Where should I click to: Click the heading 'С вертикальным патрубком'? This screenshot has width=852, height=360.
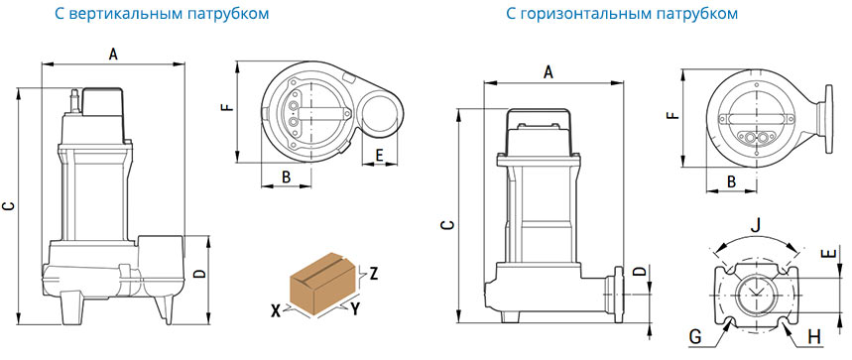162,14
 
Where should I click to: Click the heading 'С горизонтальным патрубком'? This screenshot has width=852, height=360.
622,14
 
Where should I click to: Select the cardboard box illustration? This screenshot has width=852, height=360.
324,283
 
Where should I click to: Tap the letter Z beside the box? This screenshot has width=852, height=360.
373,273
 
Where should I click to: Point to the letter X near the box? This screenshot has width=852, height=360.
277,310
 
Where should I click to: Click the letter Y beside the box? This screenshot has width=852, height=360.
355,309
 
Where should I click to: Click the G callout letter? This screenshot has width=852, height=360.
695,337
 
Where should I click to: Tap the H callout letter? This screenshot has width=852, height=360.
814,337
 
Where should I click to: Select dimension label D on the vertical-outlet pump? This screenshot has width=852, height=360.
200,273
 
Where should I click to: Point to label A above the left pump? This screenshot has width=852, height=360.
113,54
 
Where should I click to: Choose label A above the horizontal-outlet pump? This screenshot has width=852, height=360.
548,72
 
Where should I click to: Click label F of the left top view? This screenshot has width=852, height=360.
229,106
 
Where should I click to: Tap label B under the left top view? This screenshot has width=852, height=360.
287,177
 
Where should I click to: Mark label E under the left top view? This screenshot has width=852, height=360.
379,156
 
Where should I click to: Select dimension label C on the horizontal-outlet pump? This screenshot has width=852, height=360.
445,225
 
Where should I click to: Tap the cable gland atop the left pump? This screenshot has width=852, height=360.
75,101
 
